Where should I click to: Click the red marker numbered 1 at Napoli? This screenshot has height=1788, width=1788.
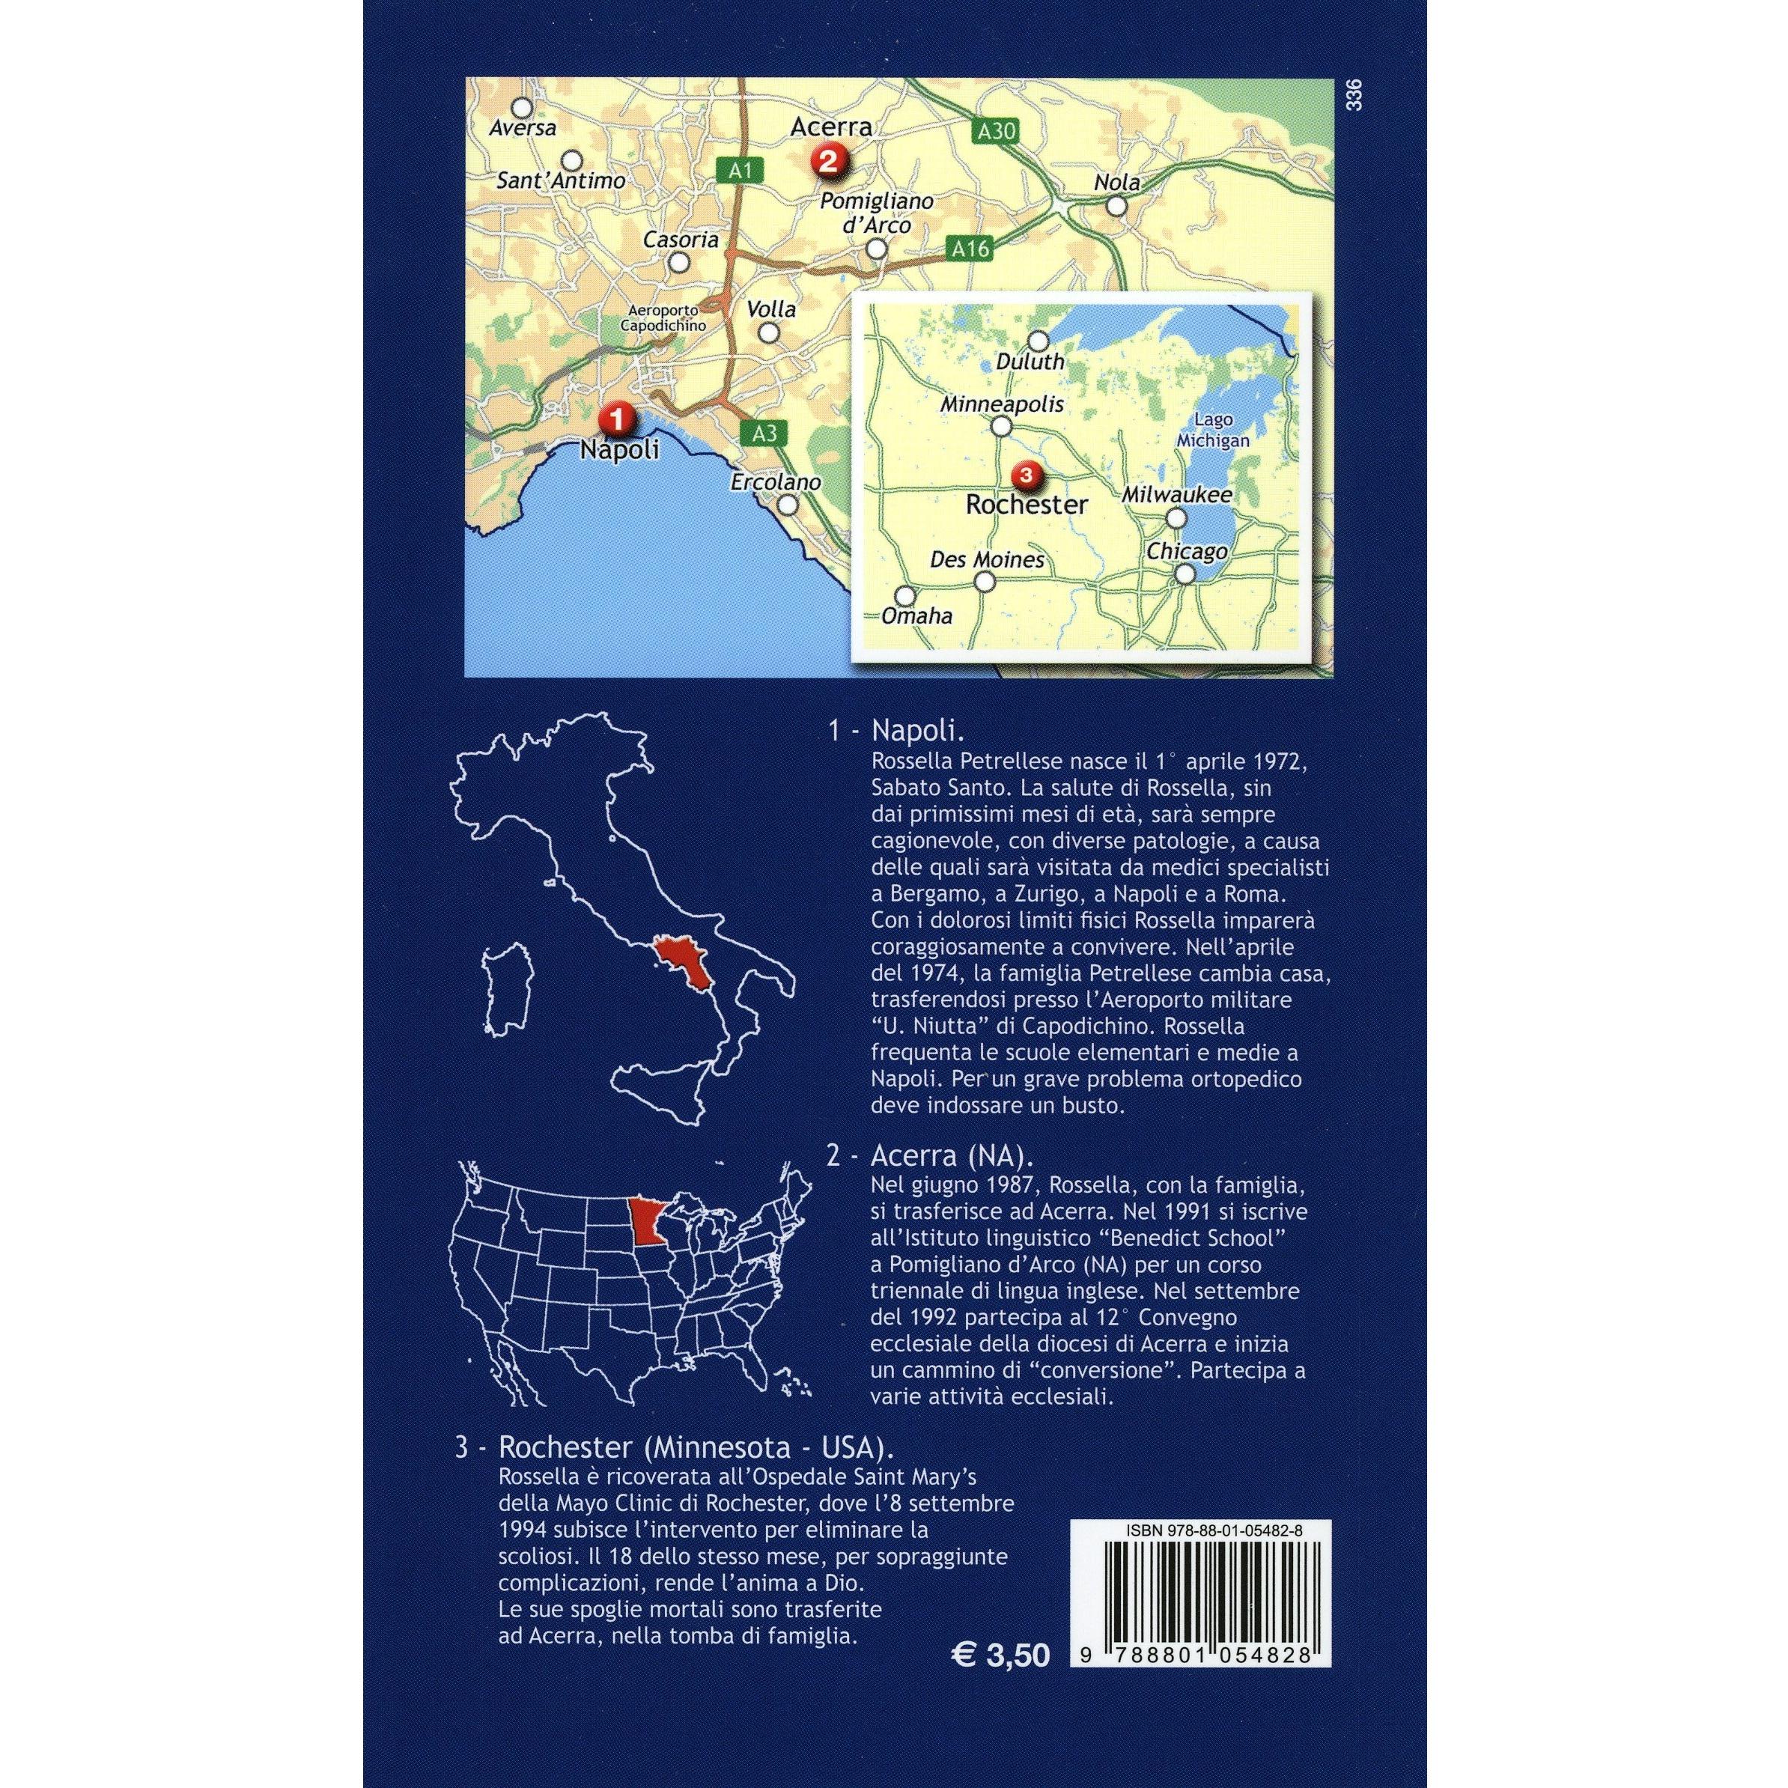coord(615,419)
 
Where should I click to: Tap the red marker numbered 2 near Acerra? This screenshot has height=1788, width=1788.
coord(826,161)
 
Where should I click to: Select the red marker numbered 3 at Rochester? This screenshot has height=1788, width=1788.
coord(1027,475)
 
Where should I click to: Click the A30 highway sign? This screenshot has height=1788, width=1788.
coord(996,132)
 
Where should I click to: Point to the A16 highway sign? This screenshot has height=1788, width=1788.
coord(970,248)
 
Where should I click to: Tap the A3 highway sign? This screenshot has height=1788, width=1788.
coord(764,433)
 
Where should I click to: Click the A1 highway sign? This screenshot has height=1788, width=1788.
coord(741,169)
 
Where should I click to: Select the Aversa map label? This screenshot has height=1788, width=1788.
coord(523,128)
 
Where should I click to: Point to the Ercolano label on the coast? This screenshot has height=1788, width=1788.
coord(776,482)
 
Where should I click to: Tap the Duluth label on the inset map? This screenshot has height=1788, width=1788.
coord(1030,362)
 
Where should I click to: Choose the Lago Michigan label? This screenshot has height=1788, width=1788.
coord(1212,431)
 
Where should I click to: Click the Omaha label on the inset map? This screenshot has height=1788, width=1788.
coord(916,615)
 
